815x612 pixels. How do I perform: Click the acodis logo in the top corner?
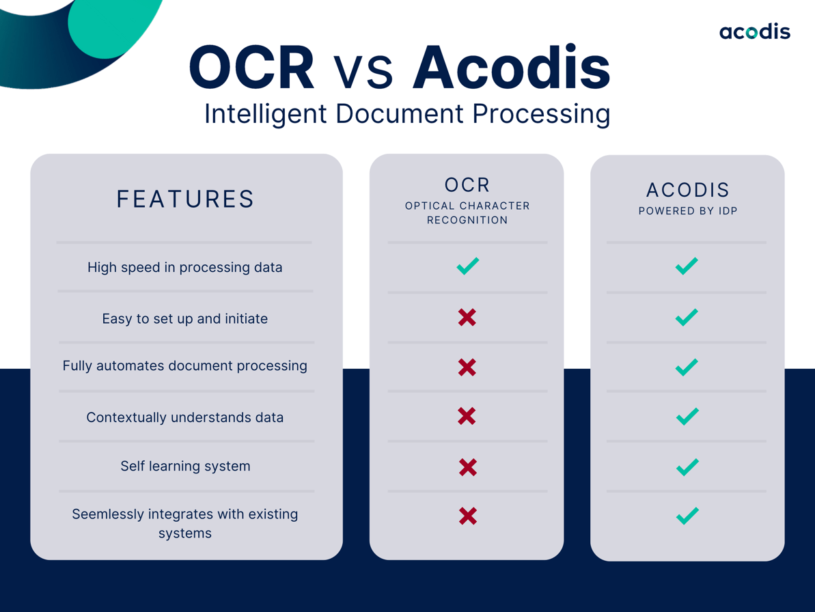[x=754, y=31]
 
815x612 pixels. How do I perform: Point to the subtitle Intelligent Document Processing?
[x=407, y=113]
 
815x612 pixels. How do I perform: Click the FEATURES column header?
[x=186, y=199]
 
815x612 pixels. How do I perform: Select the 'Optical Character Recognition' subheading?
[x=467, y=212]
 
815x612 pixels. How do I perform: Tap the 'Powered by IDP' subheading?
[x=687, y=211]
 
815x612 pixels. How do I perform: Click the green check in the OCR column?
[x=468, y=266]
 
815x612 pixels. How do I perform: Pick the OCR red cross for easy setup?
[x=467, y=317]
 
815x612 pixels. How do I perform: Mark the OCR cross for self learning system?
[x=467, y=467]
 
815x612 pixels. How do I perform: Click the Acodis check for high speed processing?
[x=687, y=266]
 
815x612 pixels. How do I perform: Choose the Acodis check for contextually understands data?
[x=687, y=416]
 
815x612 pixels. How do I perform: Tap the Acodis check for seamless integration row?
[x=687, y=516]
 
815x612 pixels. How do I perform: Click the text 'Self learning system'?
[x=185, y=467]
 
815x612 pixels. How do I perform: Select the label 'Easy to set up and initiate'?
[x=185, y=318]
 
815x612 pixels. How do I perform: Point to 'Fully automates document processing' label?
[x=185, y=366]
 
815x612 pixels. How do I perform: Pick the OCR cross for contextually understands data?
[x=467, y=416]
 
